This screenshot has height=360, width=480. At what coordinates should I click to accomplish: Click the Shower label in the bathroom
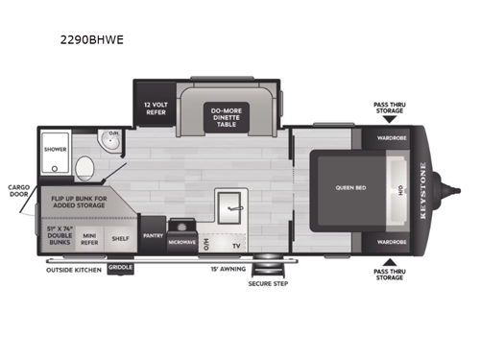tap(54, 150)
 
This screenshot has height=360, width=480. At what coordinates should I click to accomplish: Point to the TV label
tap(237, 246)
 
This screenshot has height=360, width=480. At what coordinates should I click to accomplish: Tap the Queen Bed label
tap(348, 188)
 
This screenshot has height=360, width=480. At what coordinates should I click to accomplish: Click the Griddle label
tap(121, 268)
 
